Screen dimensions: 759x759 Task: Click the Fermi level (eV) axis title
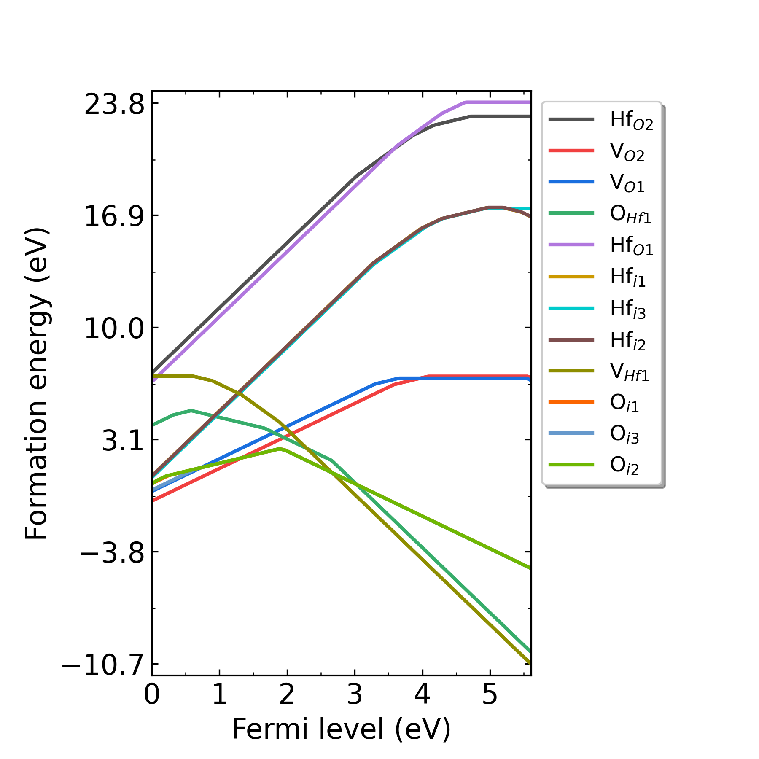coord(341,729)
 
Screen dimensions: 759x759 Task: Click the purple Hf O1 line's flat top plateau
coord(498,102)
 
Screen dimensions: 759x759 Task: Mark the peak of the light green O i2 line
coord(279,449)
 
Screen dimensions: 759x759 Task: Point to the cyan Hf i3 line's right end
coord(530,209)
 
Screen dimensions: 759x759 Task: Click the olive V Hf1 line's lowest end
coord(530,663)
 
